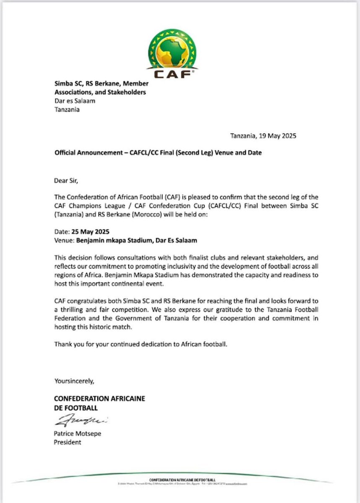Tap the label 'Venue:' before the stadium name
[x=64, y=241]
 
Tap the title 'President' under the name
[x=67, y=442]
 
